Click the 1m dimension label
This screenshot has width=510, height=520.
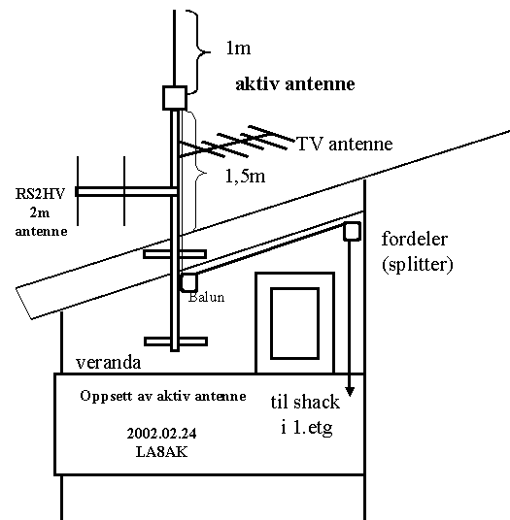pyautogui.click(x=238, y=49)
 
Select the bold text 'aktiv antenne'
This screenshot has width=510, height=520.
pyautogui.click(x=295, y=83)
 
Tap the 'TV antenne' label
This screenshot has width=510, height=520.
pyautogui.click(x=345, y=144)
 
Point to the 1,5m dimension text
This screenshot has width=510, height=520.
pyautogui.click(x=245, y=176)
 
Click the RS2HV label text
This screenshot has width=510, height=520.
pyautogui.click(x=40, y=194)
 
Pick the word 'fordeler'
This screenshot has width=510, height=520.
pyautogui.click(x=415, y=239)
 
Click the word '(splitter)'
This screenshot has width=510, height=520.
pyautogui.click(x=418, y=265)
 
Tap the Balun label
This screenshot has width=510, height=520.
pyautogui.click(x=207, y=297)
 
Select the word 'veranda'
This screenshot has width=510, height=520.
pyautogui.click(x=108, y=363)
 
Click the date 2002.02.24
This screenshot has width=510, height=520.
pyautogui.click(x=161, y=434)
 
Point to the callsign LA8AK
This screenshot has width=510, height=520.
pyautogui.click(x=161, y=452)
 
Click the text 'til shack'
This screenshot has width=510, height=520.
pyautogui.click(x=305, y=403)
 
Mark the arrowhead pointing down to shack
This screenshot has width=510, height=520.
pyautogui.click(x=350, y=392)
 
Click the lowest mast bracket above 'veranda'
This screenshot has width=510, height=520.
pyautogui.click(x=176, y=341)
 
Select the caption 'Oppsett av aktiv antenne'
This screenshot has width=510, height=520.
pyautogui.click(x=163, y=396)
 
